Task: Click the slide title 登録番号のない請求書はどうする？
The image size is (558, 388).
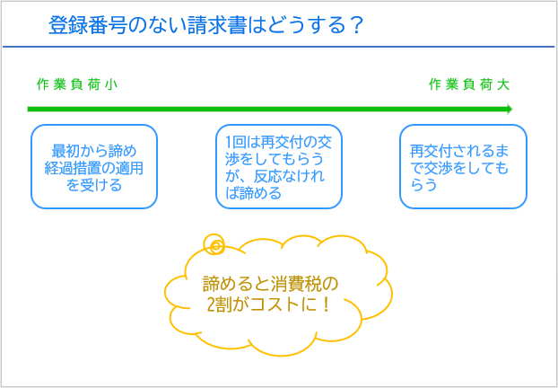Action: [205, 25]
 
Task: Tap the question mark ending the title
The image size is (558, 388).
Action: [353, 25]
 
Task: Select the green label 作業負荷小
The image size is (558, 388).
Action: [77, 85]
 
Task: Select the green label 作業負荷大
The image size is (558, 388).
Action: [469, 85]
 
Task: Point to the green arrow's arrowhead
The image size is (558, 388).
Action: [509, 109]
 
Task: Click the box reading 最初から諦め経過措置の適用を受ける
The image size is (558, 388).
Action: [94, 166]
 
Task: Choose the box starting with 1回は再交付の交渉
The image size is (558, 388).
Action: [279, 166]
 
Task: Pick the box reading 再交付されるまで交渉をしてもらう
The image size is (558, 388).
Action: [463, 166]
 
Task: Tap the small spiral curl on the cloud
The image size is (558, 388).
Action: [214, 244]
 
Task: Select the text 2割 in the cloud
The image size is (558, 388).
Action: [220, 305]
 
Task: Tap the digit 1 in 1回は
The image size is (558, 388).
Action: [229, 144]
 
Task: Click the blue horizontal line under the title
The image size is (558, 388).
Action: [279, 47]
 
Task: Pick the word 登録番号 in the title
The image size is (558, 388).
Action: [88, 25]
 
